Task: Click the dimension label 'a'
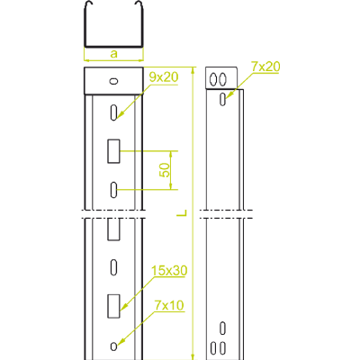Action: [x=114, y=54]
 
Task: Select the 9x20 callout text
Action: [x=164, y=77]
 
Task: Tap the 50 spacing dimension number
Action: [x=165, y=170]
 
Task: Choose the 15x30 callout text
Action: [x=169, y=271]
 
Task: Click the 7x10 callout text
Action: [x=169, y=305]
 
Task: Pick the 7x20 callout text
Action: [x=265, y=67]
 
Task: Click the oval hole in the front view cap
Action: [x=113, y=81]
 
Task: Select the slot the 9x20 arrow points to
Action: [x=113, y=112]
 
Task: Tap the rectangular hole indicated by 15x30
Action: [x=113, y=306]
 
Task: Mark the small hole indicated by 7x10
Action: [x=113, y=346]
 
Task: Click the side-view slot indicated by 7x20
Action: [x=222, y=99]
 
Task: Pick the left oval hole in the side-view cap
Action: [x=213, y=79]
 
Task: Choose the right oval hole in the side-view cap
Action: [x=222, y=79]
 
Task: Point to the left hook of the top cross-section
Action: [x=89, y=4]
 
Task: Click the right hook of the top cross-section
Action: [x=139, y=4]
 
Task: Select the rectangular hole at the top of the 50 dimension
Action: [x=113, y=151]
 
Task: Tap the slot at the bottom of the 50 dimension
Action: [x=113, y=190]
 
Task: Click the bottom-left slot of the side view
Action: [x=213, y=347]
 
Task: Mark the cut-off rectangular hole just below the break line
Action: [x=113, y=229]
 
